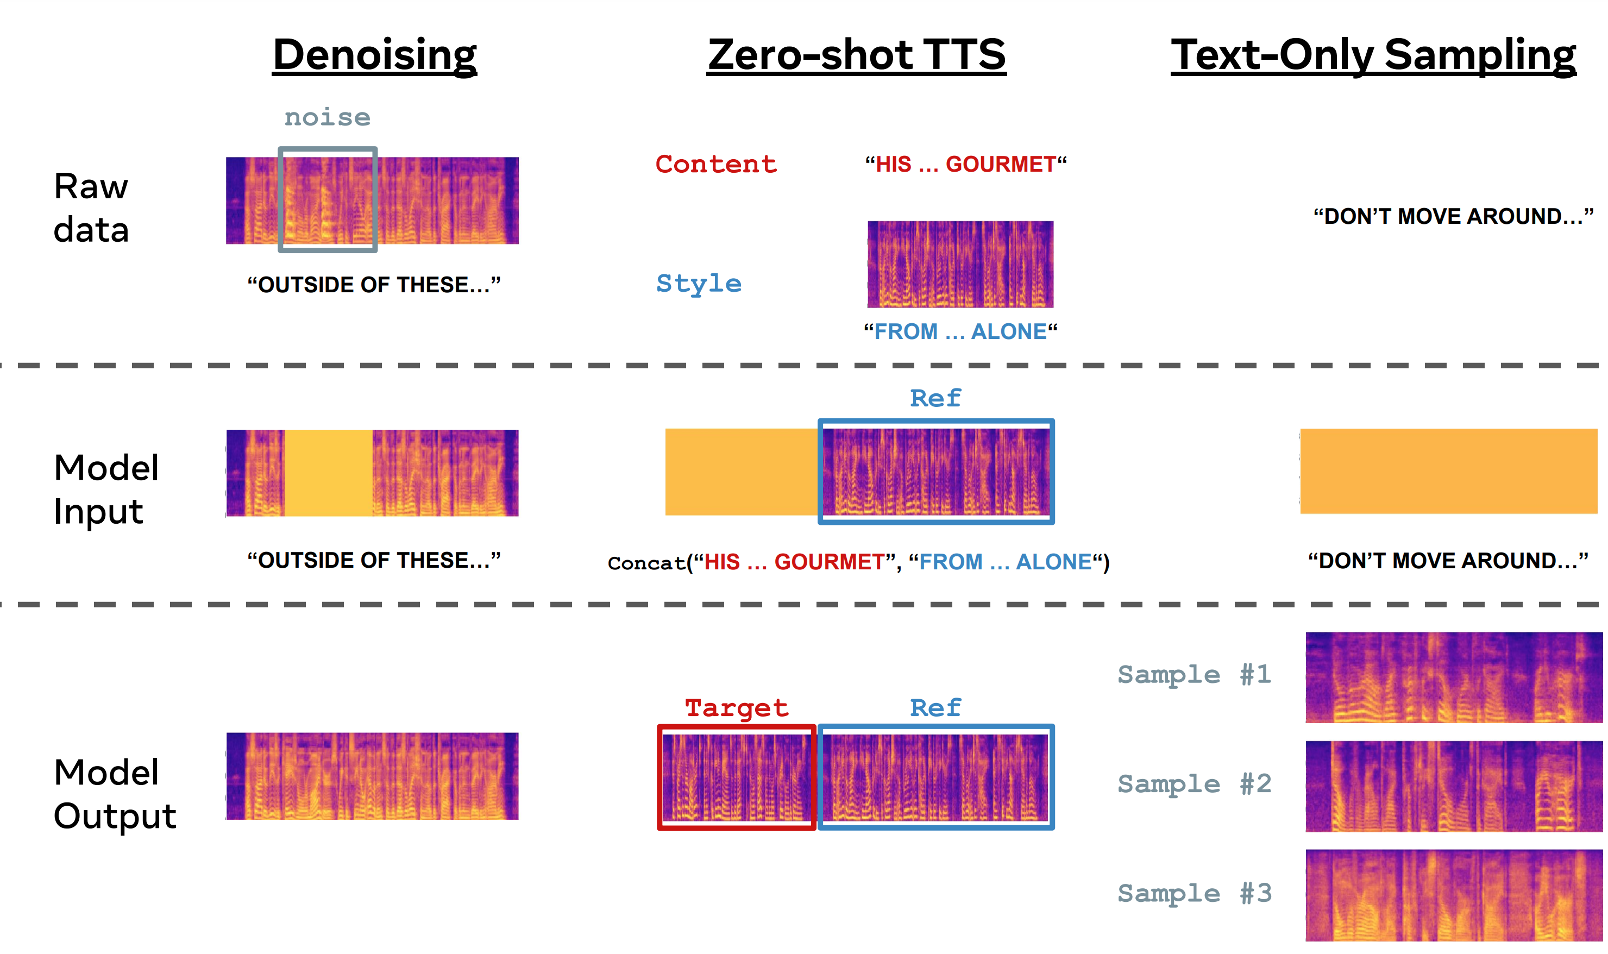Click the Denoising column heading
[375, 55]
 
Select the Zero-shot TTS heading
[856, 55]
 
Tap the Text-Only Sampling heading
[1373, 55]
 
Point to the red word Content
[716, 164]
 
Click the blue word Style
[699, 284]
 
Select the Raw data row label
[91, 208]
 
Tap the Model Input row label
[106, 488]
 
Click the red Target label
[737, 708]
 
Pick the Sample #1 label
[1194, 674]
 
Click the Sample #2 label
[1194, 783]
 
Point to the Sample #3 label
[1194, 893]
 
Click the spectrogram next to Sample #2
[1453, 786]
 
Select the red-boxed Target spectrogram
[737, 777]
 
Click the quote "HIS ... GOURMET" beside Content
[965, 165]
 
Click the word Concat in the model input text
[646, 563]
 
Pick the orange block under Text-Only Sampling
[1448, 471]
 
